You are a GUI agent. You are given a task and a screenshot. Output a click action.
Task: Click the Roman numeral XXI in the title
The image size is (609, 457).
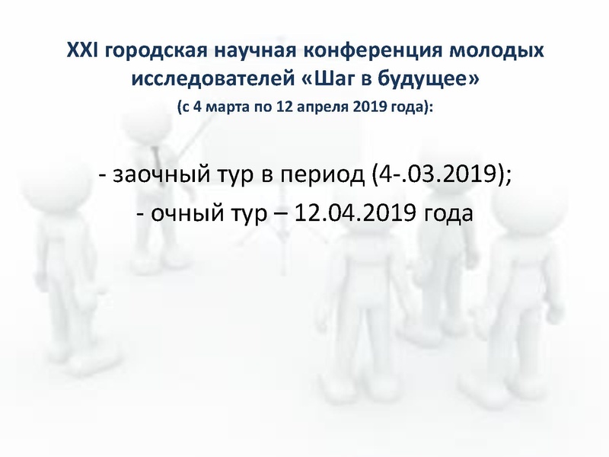81,52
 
